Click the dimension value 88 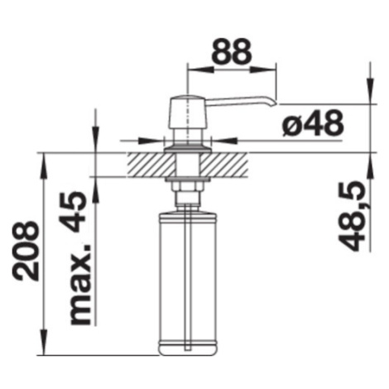[x=233, y=51]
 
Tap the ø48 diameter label [x=313, y=122]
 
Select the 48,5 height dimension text [x=352, y=216]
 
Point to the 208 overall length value [x=26, y=251]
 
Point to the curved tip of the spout [x=273, y=102]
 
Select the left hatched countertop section [x=151, y=165]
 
